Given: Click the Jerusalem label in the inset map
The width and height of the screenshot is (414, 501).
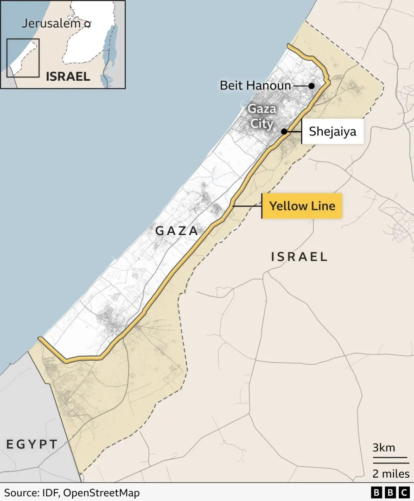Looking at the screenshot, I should coord(51,24).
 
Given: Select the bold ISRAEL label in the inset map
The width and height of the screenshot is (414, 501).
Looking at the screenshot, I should coord(68,76).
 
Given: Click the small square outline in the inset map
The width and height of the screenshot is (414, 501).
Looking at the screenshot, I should coord(23,58).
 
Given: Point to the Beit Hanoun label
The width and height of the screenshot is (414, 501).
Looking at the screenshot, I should coord(255,86).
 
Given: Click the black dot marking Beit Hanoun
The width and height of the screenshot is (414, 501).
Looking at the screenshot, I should coord(312,86).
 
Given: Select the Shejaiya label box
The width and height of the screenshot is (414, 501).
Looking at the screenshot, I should coord(332,131).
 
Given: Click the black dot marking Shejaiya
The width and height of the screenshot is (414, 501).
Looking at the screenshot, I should coord(284,132).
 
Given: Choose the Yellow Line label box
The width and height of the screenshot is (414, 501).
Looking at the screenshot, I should coord(302,206).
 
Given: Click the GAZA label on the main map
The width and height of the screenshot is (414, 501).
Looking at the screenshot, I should coord(177,231).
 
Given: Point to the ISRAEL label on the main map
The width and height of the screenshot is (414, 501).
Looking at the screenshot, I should coord(299,257).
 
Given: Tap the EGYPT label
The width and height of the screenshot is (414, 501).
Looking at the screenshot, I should coord(32,444).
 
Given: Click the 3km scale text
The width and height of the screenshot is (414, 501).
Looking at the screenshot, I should coord(384,448).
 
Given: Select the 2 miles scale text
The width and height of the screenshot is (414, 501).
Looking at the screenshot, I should coord(391,474).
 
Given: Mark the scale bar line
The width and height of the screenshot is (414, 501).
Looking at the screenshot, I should coord(391,462).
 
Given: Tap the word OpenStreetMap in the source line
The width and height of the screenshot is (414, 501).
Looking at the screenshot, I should coord(102,493).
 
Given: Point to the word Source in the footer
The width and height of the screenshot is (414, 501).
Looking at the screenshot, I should coord(19,493).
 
